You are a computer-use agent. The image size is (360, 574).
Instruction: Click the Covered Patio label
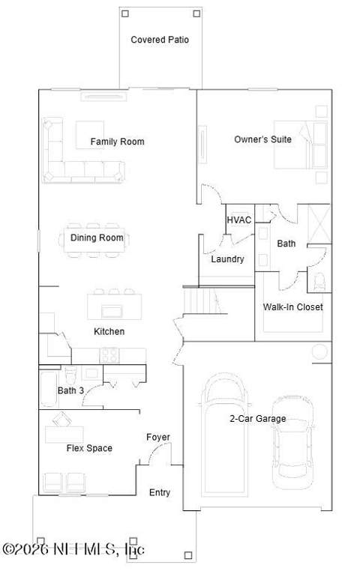click(x=160, y=40)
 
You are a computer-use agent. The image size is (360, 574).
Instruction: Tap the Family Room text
click(x=117, y=142)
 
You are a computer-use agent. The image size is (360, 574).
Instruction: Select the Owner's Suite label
click(x=262, y=139)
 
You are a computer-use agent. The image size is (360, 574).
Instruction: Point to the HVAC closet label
click(x=239, y=220)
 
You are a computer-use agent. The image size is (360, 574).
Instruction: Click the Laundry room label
click(x=227, y=259)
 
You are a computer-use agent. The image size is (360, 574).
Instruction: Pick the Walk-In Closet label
click(x=293, y=306)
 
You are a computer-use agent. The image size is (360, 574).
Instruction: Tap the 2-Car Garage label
click(x=258, y=418)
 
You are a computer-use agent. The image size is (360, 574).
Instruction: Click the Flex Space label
click(x=89, y=448)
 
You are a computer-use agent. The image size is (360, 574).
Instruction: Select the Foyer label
click(x=158, y=437)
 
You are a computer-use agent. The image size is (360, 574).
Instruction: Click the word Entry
click(x=160, y=492)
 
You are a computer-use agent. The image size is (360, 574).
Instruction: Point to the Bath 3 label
click(x=70, y=390)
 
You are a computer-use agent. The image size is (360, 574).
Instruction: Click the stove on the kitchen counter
click(x=109, y=355)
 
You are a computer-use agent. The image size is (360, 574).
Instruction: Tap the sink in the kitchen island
click(x=111, y=311)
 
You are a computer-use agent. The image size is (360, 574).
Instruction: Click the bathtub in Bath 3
click(x=49, y=389)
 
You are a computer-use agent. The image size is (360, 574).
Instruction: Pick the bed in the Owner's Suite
click(x=300, y=145)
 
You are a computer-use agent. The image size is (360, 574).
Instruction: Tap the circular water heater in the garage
click(x=319, y=351)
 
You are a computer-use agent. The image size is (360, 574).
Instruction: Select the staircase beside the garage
click(x=202, y=301)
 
